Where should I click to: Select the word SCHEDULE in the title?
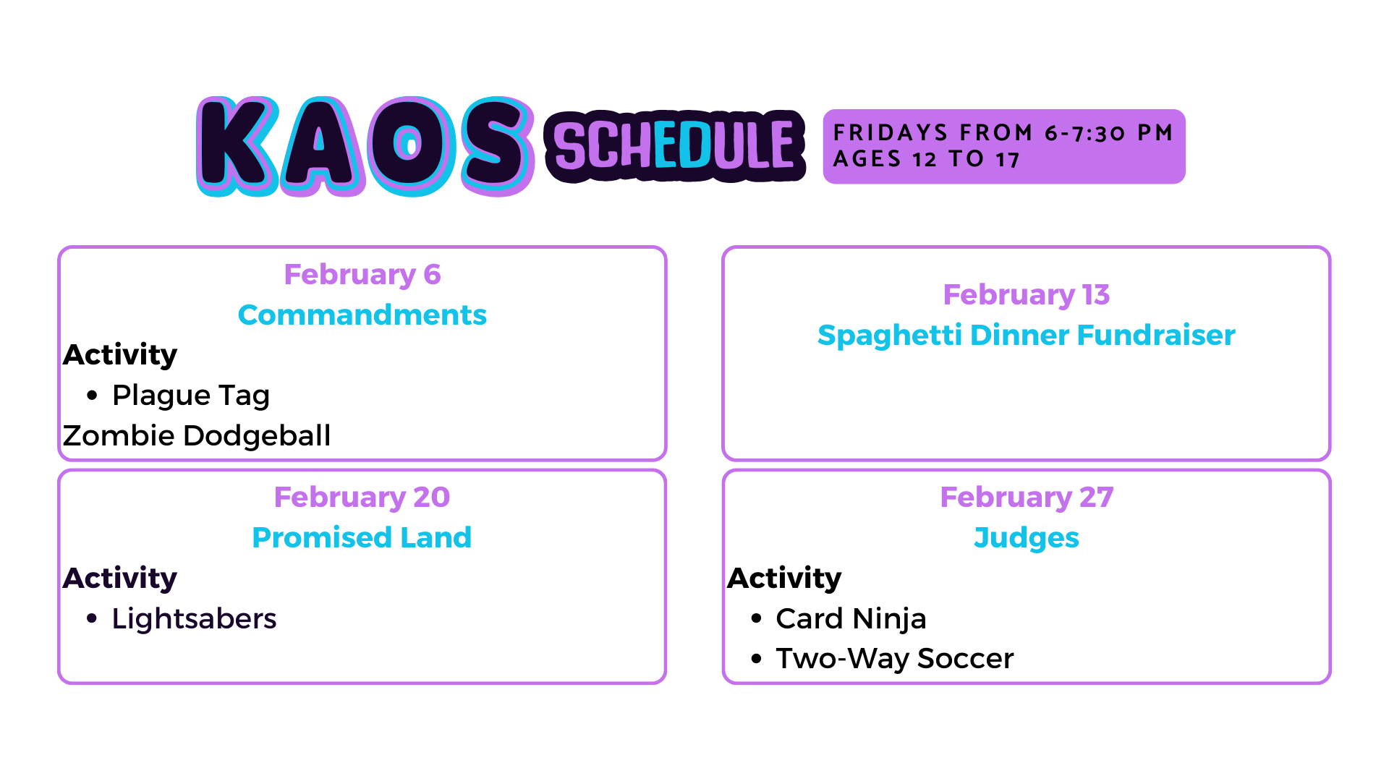pyautogui.click(x=674, y=146)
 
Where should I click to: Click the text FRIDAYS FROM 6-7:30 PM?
pyautogui.click(x=1003, y=132)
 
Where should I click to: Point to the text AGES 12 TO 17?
pyautogui.click(x=927, y=159)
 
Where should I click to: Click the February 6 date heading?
pyautogui.click(x=362, y=275)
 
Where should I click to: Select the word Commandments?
pyautogui.click(x=362, y=315)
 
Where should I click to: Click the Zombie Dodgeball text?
pyautogui.click(x=197, y=435)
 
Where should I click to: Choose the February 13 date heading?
pyautogui.click(x=1027, y=295)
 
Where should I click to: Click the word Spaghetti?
pyautogui.click(x=890, y=336)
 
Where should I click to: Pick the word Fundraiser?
pyautogui.click(x=1156, y=336)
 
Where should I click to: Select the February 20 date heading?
pyautogui.click(x=362, y=498)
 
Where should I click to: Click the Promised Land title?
pyautogui.click(x=362, y=538)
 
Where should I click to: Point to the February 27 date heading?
pyautogui.click(x=1027, y=498)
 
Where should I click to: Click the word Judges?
pyautogui.click(x=1027, y=539)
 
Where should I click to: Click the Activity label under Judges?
pyautogui.click(x=785, y=579)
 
